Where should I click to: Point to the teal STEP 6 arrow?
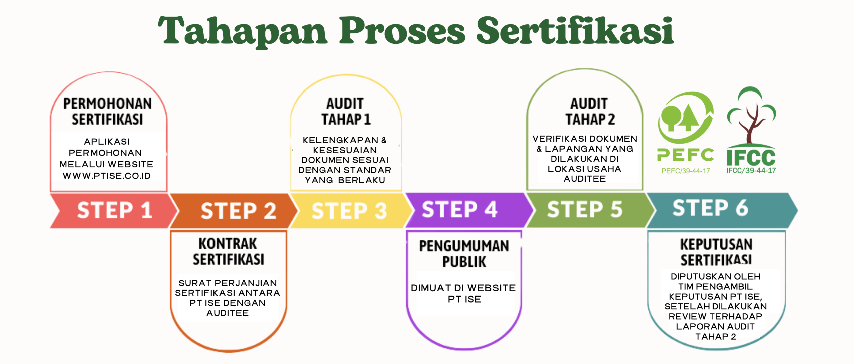711,208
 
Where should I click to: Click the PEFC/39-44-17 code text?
686,171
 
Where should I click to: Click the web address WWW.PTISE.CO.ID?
107,176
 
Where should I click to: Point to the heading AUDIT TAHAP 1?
346,112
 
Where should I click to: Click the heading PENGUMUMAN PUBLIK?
464,254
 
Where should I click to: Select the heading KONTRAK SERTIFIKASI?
228,251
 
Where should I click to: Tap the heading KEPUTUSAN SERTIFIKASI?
716,252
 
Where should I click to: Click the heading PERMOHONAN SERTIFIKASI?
107,112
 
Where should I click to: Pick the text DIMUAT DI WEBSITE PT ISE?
463,293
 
